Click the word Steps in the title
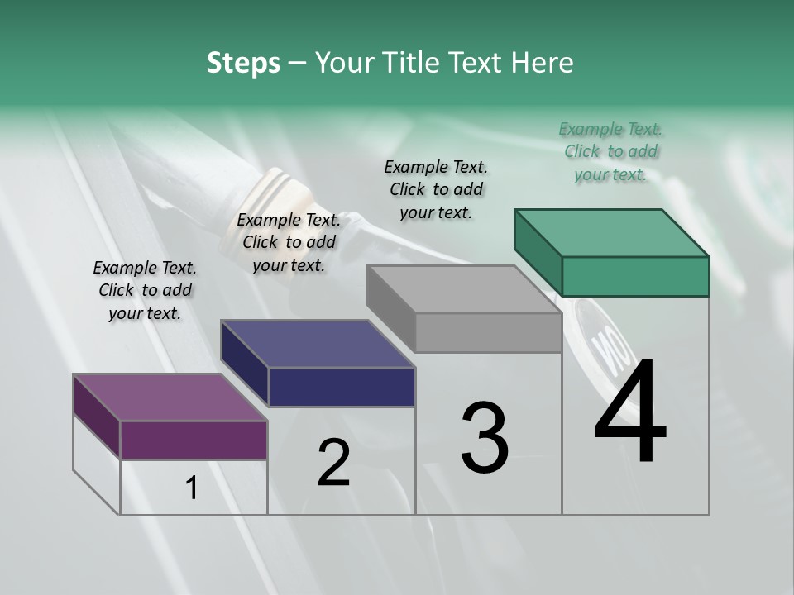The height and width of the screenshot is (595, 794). pyautogui.click(x=243, y=63)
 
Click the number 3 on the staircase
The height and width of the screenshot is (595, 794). pyautogui.click(x=485, y=437)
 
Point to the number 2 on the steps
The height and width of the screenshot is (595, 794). pyautogui.click(x=333, y=462)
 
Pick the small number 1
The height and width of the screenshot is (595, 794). pyautogui.click(x=192, y=488)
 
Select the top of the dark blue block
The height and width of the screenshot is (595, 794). pyautogui.click(x=318, y=344)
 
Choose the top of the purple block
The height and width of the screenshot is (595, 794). pyautogui.click(x=170, y=397)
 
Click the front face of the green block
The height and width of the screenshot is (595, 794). pyautogui.click(x=635, y=276)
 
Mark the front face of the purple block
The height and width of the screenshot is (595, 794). pyautogui.click(x=194, y=440)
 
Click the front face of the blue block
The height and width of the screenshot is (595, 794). pyautogui.click(x=342, y=387)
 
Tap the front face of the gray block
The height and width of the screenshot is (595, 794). pyautogui.click(x=488, y=332)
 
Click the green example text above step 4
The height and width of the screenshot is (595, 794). pyautogui.click(x=610, y=151)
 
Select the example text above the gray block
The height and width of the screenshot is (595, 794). pyautogui.click(x=436, y=189)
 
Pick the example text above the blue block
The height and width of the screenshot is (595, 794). pyautogui.click(x=289, y=242)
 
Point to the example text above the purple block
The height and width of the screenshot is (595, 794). pyautogui.click(x=145, y=290)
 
